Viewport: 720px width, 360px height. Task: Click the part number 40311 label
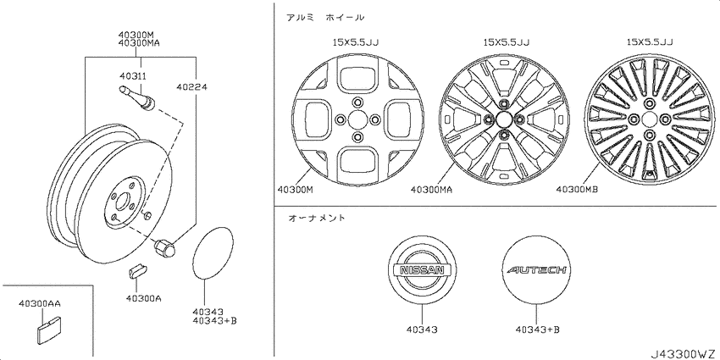(131, 77)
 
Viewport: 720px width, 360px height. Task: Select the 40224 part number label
(191, 86)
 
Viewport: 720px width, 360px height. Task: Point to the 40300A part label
(142, 297)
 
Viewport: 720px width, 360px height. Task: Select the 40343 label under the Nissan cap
(421, 329)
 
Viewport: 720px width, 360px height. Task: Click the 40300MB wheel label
(578, 190)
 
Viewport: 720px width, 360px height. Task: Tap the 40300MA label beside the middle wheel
(430, 190)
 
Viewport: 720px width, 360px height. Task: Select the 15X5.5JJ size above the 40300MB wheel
(649, 41)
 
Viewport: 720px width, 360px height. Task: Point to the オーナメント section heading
(317, 219)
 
